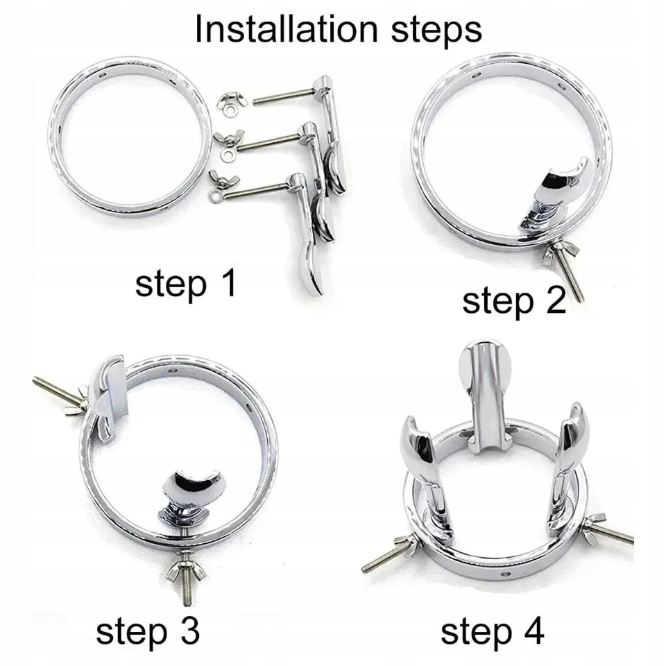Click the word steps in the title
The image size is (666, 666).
click(436, 31)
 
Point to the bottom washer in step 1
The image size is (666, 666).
click(214, 196)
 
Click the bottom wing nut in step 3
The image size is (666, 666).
click(186, 570)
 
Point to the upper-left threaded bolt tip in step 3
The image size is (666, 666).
click(35, 379)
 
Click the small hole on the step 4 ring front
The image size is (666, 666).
click(504, 574)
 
